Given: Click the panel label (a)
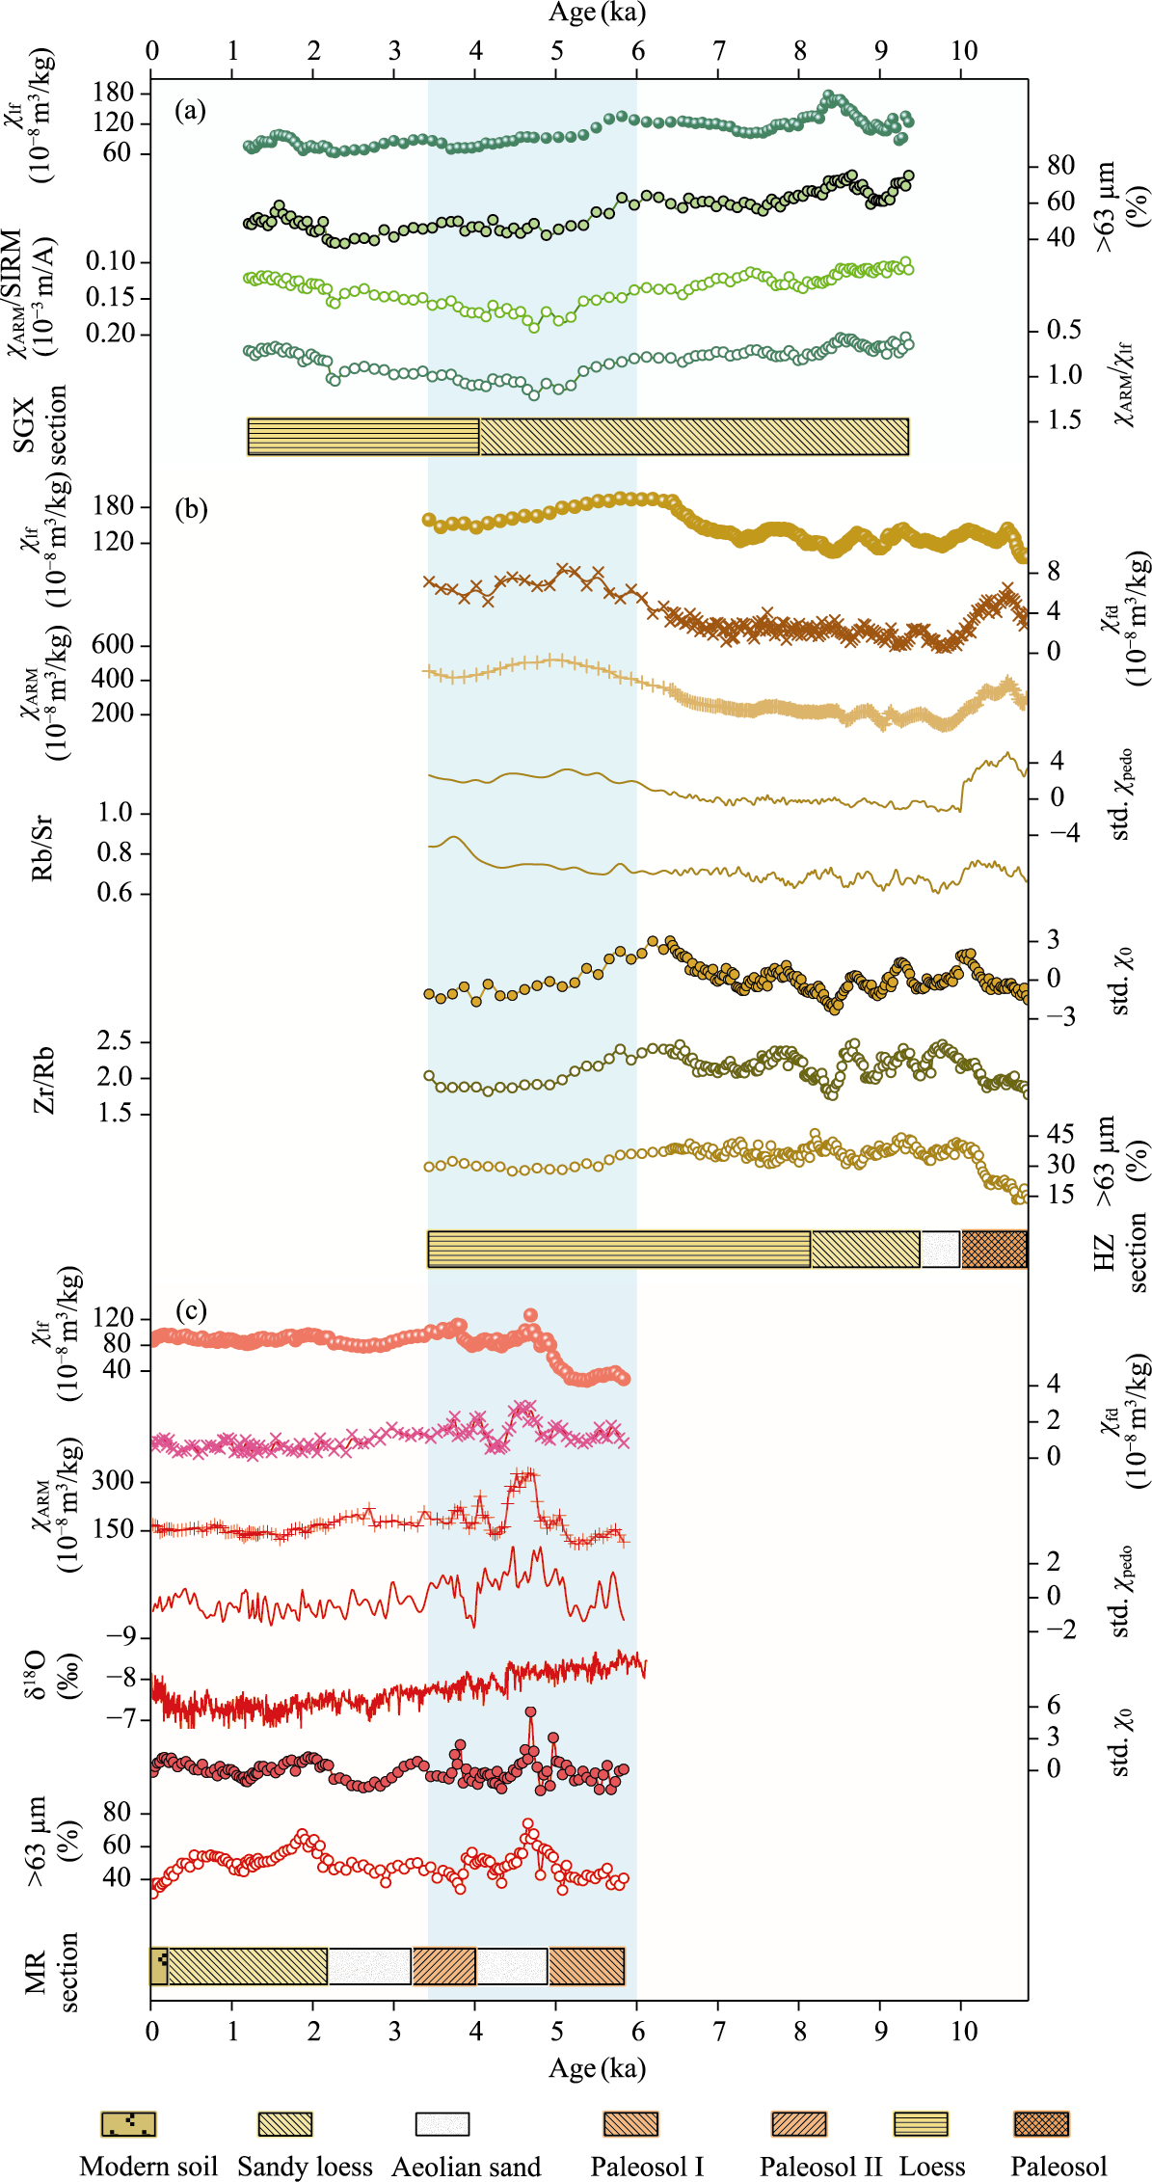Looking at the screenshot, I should click(190, 111).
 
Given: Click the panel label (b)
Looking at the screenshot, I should click(191, 508).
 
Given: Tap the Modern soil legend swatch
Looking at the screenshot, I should click(128, 2123).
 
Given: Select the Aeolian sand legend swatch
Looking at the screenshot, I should click(442, 2123).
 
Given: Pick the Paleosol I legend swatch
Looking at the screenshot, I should click(630, 2123).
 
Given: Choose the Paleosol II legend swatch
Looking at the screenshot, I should click(799, 2123).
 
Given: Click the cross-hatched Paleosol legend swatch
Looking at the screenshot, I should click(1041, 2123).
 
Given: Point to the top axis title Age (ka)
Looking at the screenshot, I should click(597, 13).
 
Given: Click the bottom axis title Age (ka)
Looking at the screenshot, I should click(597, 2067).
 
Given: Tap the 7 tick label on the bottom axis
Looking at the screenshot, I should click(718, 2031).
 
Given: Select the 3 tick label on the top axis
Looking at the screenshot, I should click(394, 50).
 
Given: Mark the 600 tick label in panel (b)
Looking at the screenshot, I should click(112, 644).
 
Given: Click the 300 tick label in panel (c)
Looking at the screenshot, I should click(112, 1480).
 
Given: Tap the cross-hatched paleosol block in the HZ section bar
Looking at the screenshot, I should click(994, 1249).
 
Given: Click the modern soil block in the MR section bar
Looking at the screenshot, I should click(159, 1965).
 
